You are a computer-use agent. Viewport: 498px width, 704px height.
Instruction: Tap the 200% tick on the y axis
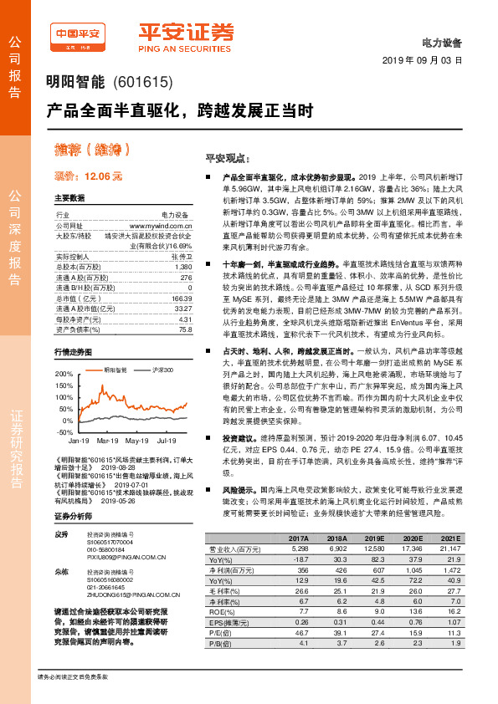click(x=64, y=374)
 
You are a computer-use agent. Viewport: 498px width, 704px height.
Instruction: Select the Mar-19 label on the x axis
click(x=108, y=439)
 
